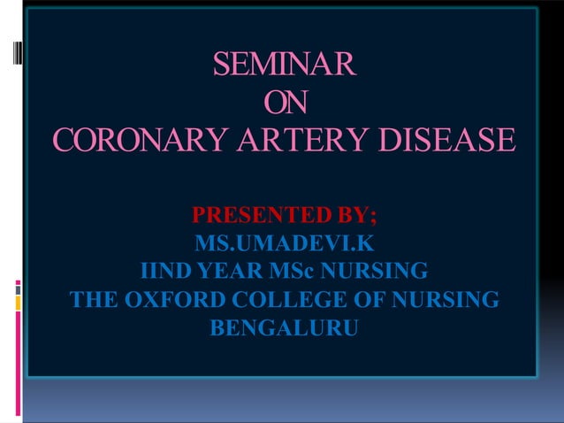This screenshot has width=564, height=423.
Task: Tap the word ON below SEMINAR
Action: [x=285, y=103]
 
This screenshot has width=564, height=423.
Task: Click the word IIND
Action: [x=165, y=270]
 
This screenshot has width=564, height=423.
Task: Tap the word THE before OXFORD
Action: [x=94, y=300]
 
